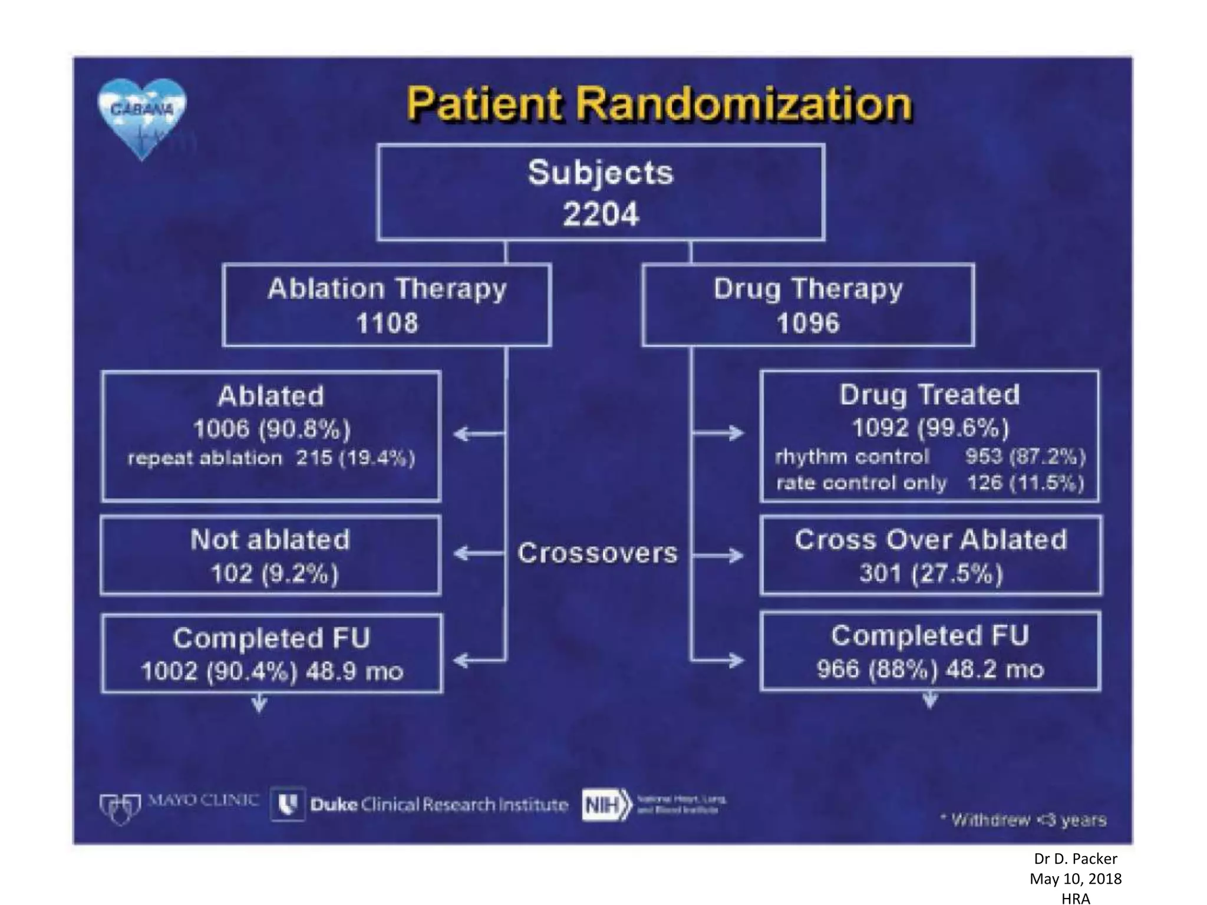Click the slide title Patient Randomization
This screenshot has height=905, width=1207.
(659, 104)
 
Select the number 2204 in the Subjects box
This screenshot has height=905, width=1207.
(601, 214)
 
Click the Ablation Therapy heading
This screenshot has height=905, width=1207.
(387, 289)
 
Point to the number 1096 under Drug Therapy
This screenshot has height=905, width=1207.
(807, 323)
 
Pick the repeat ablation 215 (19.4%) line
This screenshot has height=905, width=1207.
(271, 458)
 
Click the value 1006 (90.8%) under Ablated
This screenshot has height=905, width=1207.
(272, 429)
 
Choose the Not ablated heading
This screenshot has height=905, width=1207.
(271, 540)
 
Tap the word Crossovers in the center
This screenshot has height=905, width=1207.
(598, 553)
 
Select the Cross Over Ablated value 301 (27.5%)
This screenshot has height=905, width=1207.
(931, 573)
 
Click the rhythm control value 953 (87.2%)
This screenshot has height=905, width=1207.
(1025, 457)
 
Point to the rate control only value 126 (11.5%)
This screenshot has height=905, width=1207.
(1025, 483)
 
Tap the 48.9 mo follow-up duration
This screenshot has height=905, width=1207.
(354, 672)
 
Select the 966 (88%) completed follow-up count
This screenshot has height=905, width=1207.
(876, 669)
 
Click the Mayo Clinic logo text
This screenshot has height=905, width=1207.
(203, 801)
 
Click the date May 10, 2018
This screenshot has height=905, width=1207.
(1076, 879)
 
